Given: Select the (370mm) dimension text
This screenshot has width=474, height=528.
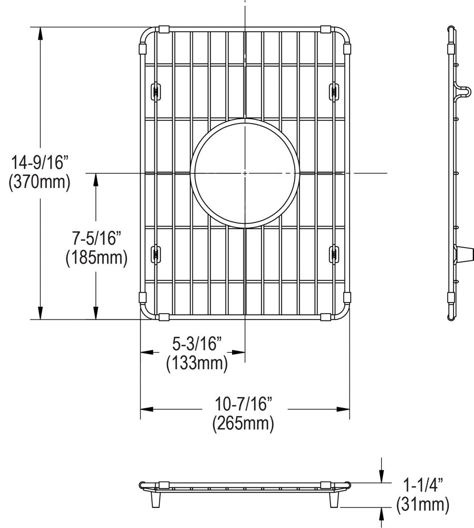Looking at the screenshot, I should pos(40,183).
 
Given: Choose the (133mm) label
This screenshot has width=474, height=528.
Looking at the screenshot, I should pos(197,363).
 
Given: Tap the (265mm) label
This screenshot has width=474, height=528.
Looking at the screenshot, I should pos(243,424).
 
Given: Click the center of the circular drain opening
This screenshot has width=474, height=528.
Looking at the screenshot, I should pos(245,173).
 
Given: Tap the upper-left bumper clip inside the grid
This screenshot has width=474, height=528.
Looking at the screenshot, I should pos(156,90).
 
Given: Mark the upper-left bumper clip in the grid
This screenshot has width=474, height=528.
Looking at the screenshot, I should pos(156,90).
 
